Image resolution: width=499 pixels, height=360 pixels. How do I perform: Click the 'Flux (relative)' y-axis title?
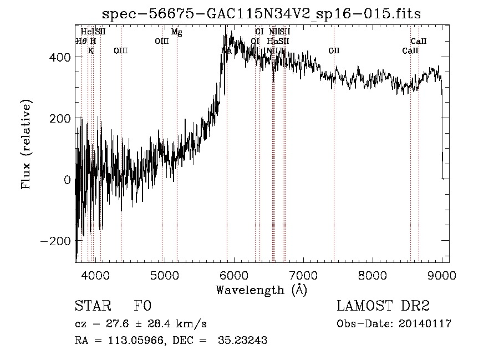pos(26,145)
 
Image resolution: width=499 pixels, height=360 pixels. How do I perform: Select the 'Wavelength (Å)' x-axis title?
pos(261,290)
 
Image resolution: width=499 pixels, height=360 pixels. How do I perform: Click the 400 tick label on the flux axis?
pos(59,57)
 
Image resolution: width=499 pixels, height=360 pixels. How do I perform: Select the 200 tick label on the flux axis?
pos(59,118)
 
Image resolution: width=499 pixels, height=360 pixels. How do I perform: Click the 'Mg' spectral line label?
pos(176,32)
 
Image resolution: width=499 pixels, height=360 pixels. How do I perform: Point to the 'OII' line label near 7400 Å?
pos(334,50)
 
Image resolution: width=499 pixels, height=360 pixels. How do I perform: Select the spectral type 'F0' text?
pos(142,306)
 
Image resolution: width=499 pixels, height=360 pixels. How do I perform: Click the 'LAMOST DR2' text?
pos(383,306)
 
